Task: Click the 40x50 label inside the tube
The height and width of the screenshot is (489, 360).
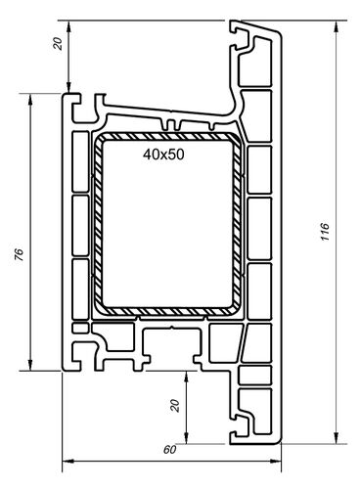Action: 164,155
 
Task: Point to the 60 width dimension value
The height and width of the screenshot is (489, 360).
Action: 168,450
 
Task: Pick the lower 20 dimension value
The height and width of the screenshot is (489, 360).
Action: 175,403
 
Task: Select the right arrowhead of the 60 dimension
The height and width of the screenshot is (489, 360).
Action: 281,460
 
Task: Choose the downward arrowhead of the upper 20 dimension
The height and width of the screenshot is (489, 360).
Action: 68,89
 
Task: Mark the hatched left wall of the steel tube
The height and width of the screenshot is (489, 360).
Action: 98,223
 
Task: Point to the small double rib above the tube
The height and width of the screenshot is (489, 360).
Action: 174,125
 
